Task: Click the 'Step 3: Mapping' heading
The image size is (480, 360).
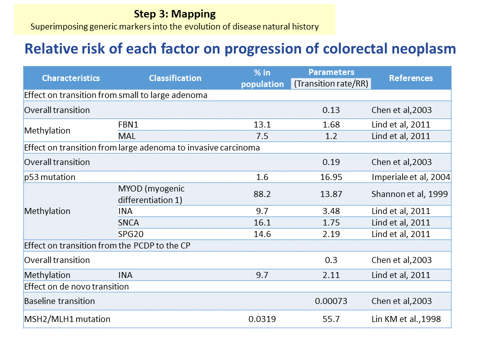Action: coord(175,14)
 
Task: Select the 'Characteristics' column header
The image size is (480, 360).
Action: coord(70,78)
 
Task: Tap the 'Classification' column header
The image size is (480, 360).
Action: coord(175,78)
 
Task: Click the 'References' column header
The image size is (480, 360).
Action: coord(411,78)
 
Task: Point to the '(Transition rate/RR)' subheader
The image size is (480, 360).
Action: coord(331,83)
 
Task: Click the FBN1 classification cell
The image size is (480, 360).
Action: coord(128,124)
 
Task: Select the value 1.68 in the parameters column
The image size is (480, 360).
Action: coord(331,124)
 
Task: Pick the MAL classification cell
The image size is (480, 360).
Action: coord(126,136)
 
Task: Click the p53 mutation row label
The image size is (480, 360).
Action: coord(49,177)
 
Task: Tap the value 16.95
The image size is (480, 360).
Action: coord(331,177)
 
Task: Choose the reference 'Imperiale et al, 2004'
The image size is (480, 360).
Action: coord(411,177)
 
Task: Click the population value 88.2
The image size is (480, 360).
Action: coord(262,194)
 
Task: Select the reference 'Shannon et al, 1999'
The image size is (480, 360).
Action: coord(409,194)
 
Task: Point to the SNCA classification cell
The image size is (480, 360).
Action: coord(128,222)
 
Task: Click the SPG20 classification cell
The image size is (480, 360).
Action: coord(130,234)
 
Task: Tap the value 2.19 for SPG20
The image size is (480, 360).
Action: coord(331,234)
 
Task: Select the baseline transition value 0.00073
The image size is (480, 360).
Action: coord(331,301)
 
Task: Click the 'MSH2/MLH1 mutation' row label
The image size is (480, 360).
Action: coord(67,319)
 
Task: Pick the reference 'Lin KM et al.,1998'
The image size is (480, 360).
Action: coord(406,319)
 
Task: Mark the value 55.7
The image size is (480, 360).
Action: coord(331,319)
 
